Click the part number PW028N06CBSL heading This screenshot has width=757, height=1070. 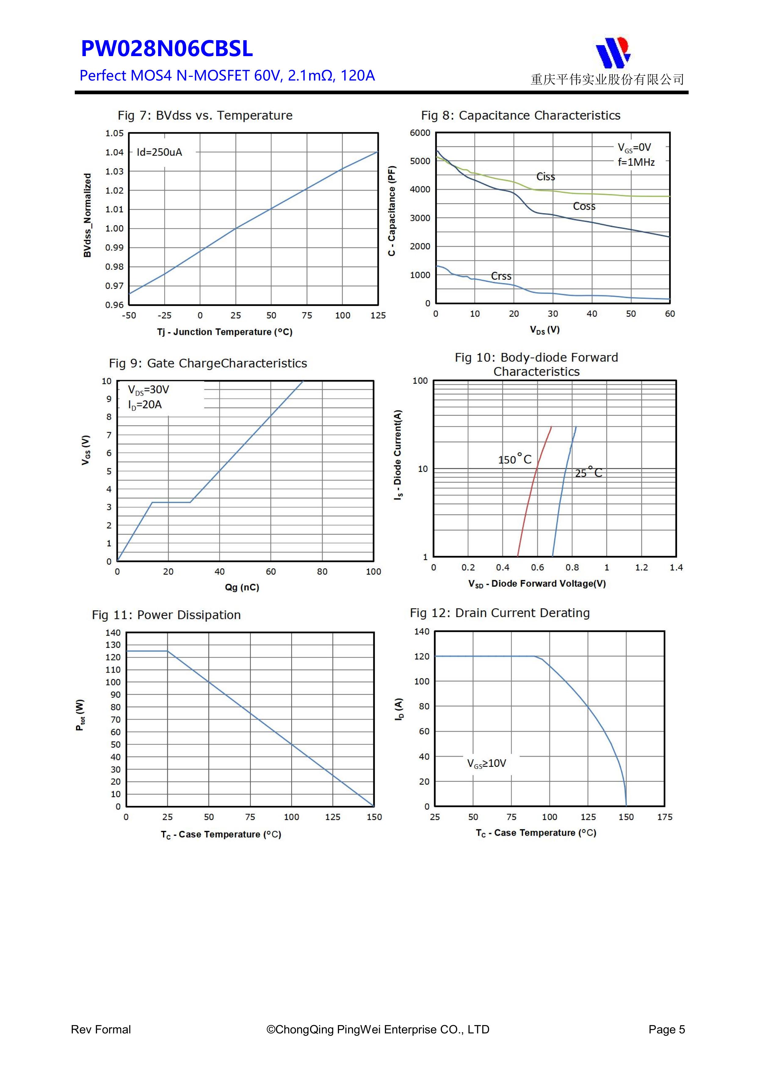click(167, 49)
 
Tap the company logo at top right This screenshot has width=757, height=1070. click(613, 52)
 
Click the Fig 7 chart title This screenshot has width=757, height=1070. click(205, 116)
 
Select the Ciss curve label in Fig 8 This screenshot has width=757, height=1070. click(545, 177)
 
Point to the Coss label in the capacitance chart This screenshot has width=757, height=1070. click(584, 206)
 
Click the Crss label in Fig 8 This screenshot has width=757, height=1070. click(501, 276)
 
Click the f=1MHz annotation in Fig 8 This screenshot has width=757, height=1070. click(636, 162)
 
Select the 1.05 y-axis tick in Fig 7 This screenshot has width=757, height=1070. click(114, 133)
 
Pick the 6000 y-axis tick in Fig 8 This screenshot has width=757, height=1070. click(420, 133)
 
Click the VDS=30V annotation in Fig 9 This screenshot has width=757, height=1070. click(148, 390)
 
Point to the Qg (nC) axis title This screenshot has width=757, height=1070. click(242, 587)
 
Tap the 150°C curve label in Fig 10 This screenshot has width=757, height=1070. click(514, 459)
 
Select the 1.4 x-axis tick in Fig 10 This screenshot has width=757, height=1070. click(676, 568)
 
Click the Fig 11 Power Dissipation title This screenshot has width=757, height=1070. click(166, 615)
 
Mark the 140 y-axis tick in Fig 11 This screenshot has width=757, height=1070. click(113, 633)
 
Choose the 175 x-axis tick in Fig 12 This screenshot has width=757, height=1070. click(664, 817)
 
